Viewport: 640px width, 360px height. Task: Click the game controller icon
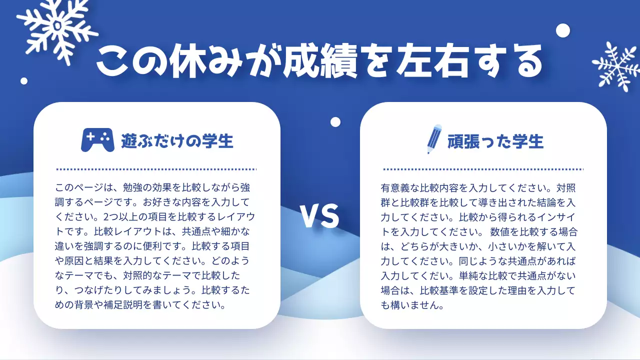click(x=97, y=140)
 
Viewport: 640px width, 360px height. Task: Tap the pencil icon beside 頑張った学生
click(x=434, y=139)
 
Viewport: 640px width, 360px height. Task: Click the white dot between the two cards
click(x=335, y=122)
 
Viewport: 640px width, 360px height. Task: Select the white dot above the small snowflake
click(x=563, y=30)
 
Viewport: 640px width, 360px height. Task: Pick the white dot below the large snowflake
click(x=24, y=81)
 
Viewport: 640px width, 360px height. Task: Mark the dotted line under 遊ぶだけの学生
click(x=156, y=169)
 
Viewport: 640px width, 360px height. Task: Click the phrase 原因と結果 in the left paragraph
click(x=88, y=261)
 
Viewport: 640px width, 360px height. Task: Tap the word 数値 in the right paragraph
click(x=502, y=232)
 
